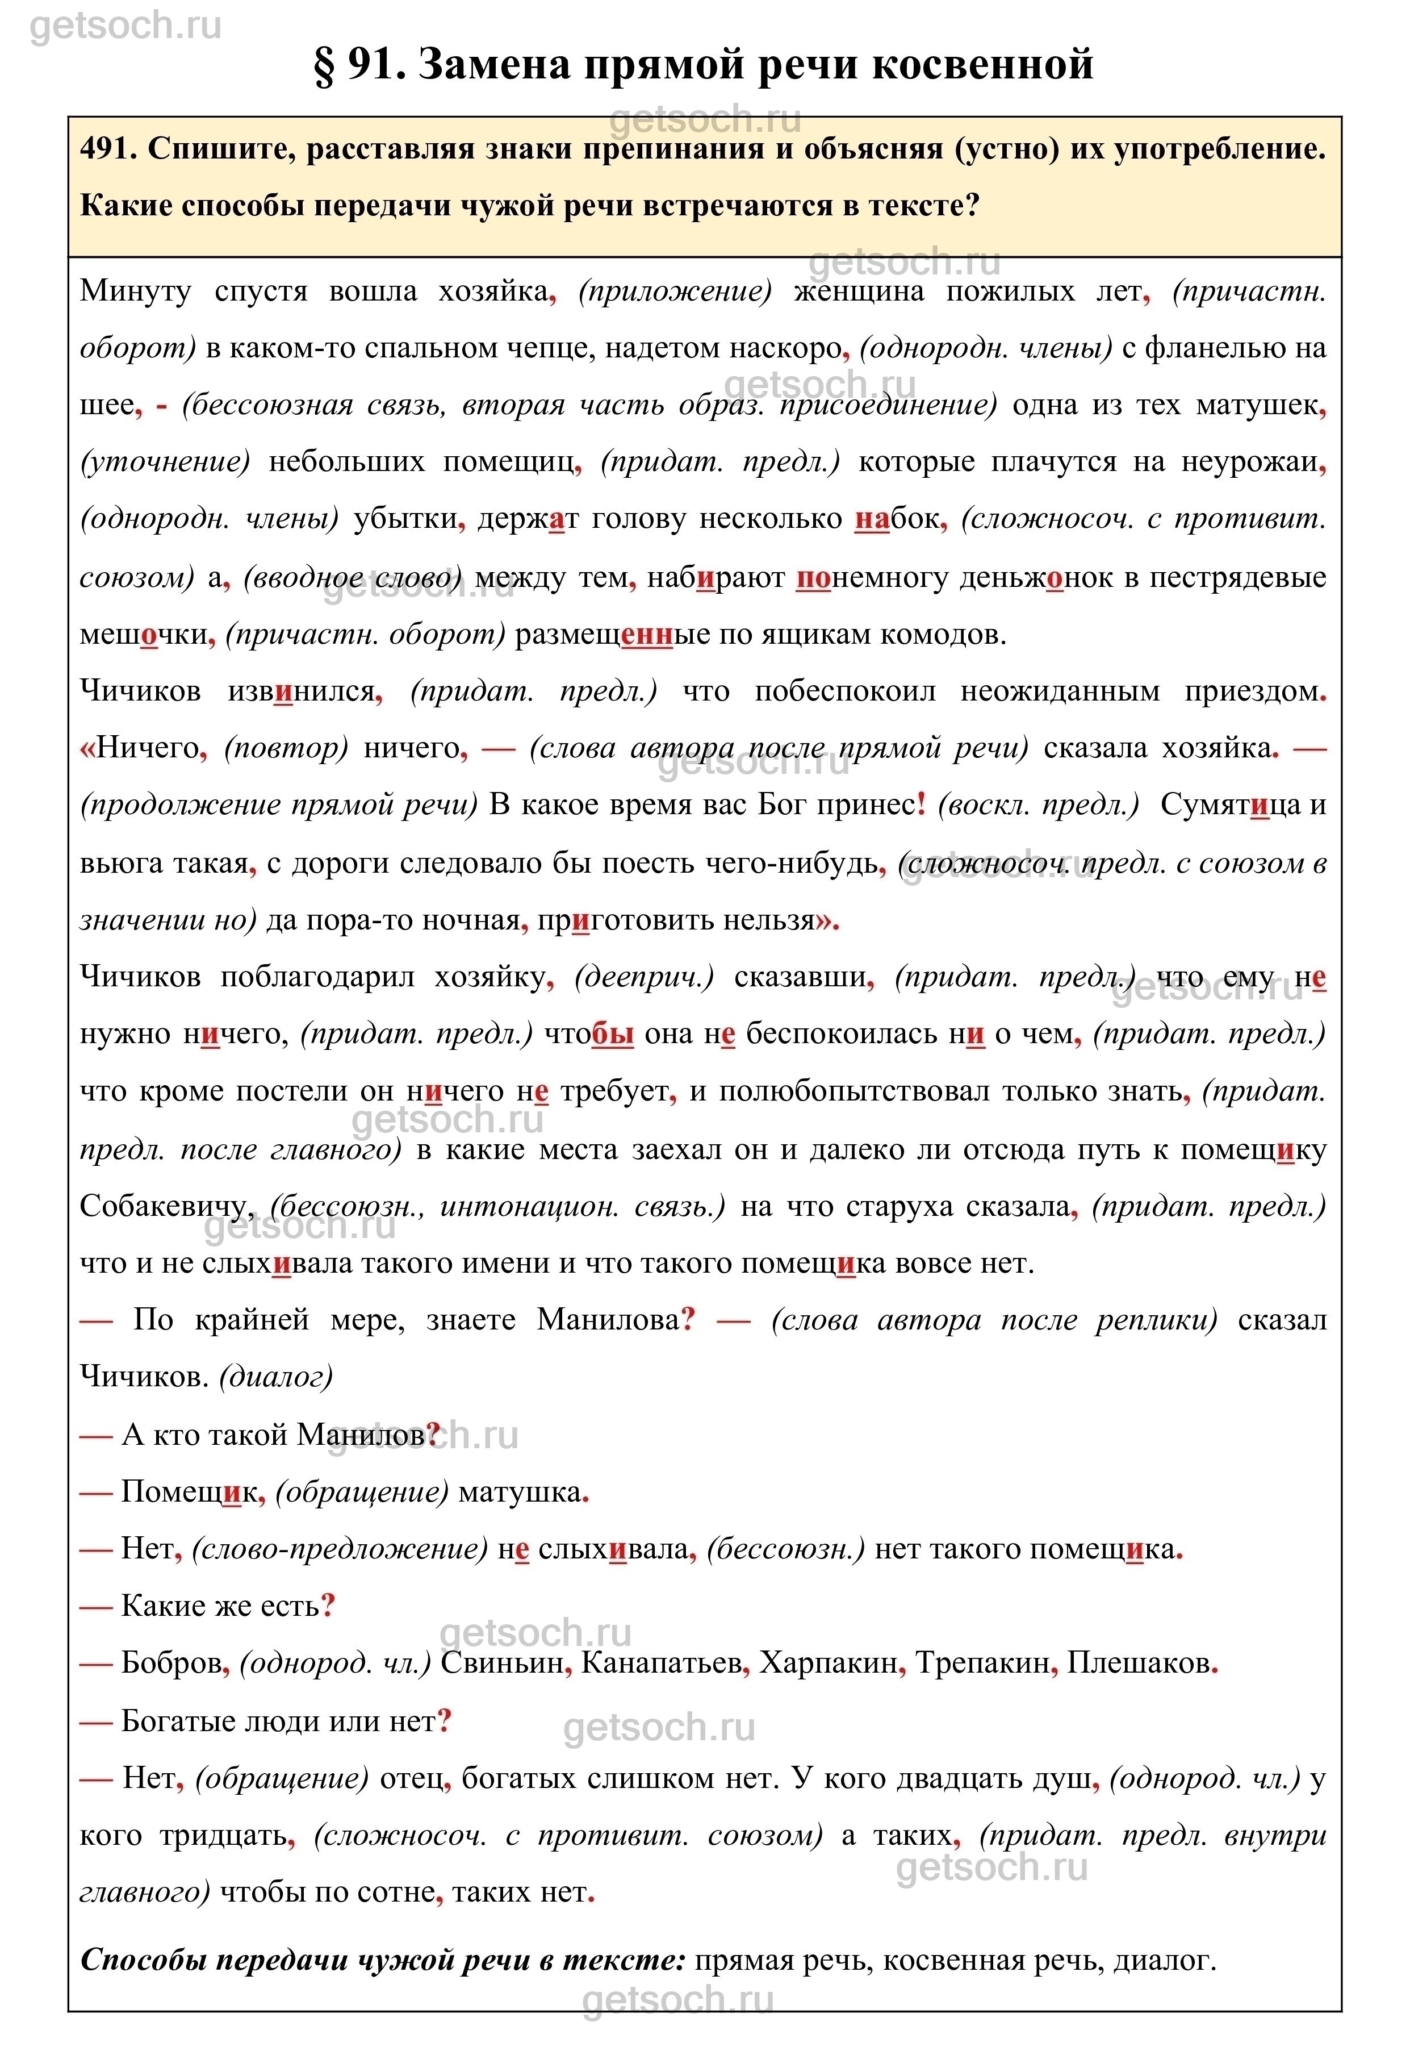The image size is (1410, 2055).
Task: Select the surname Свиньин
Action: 502,1664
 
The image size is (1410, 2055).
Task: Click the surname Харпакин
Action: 827,1664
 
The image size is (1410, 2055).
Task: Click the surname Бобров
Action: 170,1664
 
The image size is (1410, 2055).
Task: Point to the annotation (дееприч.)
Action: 643,977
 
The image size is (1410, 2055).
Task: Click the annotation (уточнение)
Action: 165,461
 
